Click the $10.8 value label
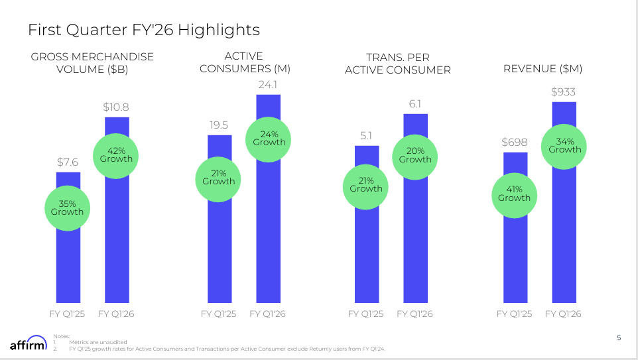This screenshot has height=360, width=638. [116, 107]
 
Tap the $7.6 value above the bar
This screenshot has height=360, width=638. [68, 162]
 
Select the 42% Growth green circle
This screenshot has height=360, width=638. [116, 154]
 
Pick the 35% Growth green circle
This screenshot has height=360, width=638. [68, 208]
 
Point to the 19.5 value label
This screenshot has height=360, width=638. [219, 125]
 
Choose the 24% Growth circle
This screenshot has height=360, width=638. [269, 138]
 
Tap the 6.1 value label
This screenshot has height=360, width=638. [415, 103]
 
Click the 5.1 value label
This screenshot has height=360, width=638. [366, 135]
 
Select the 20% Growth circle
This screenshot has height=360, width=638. [415, 155]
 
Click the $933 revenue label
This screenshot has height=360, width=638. [564, 91]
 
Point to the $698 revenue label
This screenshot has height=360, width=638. [515, 142]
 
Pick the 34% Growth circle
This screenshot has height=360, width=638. [564, 145]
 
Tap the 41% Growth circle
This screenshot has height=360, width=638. [515, 194]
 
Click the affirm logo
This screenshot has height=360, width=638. [29, 345]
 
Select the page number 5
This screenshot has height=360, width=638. [619, 338]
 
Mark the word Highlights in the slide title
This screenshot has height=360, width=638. [218, 30]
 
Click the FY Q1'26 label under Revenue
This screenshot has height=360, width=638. [563, 314]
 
